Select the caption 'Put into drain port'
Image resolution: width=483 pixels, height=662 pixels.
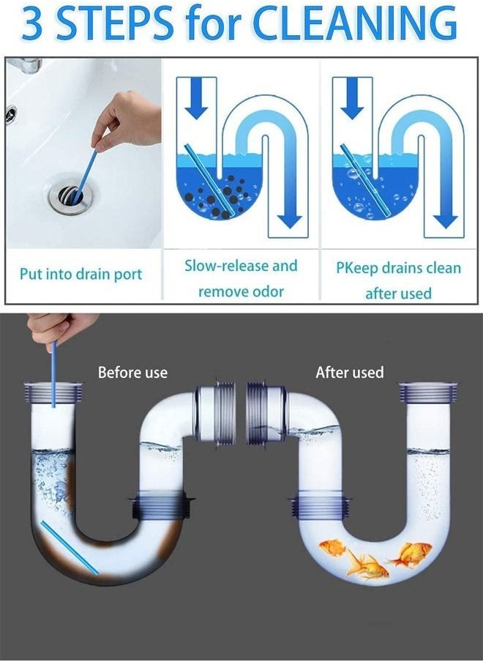point(80,275)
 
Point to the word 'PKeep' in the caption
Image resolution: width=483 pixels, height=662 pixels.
point(358,267)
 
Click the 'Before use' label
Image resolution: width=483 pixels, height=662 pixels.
point(132,373)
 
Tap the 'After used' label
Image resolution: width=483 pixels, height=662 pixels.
point(349,373)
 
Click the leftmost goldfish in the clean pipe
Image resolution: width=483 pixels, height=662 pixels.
point(332,548)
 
